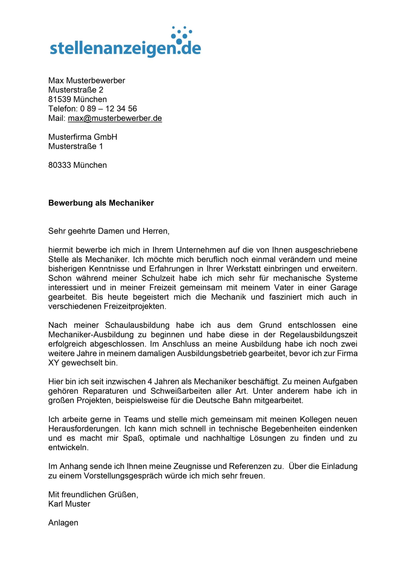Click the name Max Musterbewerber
(x=87, y=81)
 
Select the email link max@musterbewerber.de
(x=115, y=118)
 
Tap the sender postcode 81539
(x=60, y=99)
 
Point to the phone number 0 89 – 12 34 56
(x=109, y=109)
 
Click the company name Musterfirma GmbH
(x=83, y=137)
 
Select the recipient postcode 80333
(x=60, y=165)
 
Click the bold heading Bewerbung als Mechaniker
(x=101, y=203)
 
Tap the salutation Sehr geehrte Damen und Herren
(x=109, y=231)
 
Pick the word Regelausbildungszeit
(x=319, y=335)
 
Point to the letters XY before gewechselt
(x=54, y=363)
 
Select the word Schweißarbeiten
(x=181, y=391)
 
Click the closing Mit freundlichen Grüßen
(x=93, y=495)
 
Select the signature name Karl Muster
(x=69, y=504)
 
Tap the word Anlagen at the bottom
(x=63, y=523)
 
